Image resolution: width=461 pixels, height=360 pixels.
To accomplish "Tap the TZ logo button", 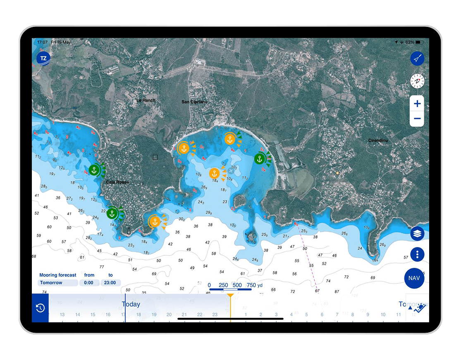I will point(43,59).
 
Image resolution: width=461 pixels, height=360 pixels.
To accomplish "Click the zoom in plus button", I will point(417,103).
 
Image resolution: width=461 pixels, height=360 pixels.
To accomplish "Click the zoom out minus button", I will point(417,119).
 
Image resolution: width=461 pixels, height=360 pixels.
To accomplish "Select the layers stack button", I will point(417,234).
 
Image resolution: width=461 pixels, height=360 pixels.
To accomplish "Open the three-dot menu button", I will point(417,254).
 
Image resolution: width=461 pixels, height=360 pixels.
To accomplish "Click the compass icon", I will point(417,81).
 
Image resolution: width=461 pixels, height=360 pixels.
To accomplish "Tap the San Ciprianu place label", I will point(194,102).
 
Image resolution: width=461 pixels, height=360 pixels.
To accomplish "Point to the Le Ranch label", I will point(146,101).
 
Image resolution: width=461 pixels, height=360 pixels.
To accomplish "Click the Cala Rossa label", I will point(117,182).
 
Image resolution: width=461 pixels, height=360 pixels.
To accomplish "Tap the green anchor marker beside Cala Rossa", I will point(94,170).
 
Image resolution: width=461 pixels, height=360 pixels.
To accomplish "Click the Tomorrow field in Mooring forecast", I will point(57,283).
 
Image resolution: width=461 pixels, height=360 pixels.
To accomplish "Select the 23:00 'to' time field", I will point(111,283).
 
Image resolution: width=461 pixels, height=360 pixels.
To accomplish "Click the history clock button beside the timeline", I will point(40,308).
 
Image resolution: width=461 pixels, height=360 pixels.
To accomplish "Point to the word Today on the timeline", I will point(131,305).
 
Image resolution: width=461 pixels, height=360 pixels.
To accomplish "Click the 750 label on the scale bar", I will point(251,285).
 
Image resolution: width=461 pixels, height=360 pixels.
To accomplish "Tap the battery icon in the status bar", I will point(418,42).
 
